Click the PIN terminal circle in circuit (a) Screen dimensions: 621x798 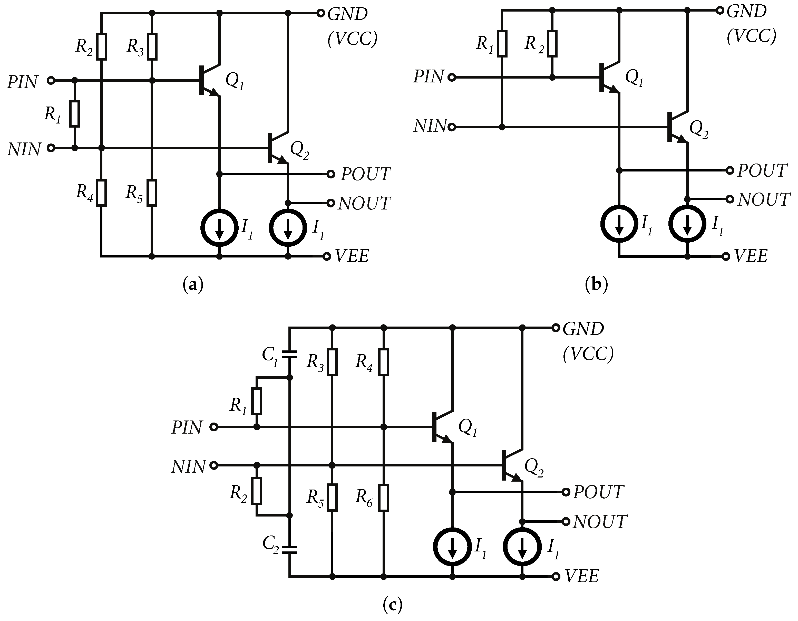[51, 80]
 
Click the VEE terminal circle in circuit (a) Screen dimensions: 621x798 [327, 256]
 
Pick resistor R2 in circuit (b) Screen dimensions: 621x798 [552, 44]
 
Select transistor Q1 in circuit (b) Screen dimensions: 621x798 [608, 78]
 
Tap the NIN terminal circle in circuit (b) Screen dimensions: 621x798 [452, 127]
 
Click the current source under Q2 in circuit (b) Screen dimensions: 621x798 [687, 223]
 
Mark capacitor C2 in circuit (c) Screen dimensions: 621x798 [289, 549]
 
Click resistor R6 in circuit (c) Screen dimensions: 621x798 [383, 498]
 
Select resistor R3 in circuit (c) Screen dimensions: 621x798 [332, 362]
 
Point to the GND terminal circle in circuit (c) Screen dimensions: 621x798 [556, 328]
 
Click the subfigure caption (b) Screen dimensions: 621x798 [596, 284]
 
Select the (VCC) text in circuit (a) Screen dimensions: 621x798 [353, 39]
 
